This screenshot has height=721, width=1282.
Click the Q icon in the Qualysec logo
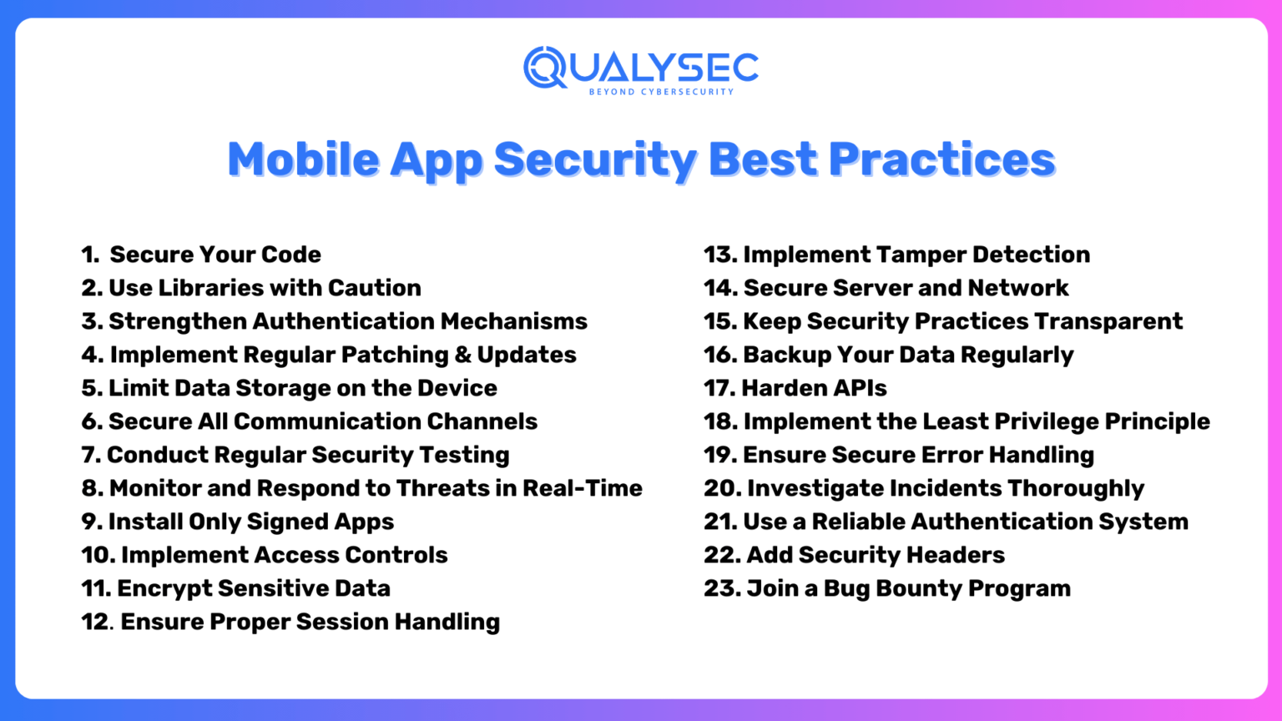pyautogui.click(x=545, y=68)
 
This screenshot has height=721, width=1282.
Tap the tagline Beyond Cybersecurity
pyautogui.click(x=661, y=92)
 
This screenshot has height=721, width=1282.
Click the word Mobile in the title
pyautogui.click(x=303, y=159)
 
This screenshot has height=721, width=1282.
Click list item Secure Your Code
pyautogui.click(x=215, y=255)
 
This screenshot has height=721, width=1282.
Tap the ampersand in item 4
pyautogui.click(x=463, y=355)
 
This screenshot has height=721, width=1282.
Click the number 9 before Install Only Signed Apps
pyautogui.click(x=90, y=522)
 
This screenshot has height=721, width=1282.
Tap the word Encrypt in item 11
pyautogui.click(x=164, y=588)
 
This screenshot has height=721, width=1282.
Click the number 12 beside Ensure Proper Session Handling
pyautogui.click(x=95, y=622)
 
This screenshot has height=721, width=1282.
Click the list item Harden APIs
pyautogui.click(x=813, y=388)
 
